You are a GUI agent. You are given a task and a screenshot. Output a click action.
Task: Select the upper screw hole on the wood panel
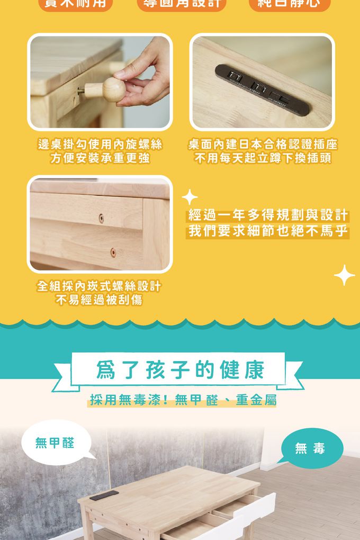tap(102, 218)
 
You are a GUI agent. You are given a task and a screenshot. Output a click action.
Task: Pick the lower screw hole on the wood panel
tap(113, 253)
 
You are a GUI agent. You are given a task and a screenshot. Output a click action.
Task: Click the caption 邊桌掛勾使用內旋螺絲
tap(100, 145)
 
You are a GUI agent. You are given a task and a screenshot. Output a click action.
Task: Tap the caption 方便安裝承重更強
tap(100, 158)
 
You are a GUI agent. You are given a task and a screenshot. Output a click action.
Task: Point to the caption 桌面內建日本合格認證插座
tap(263, 145)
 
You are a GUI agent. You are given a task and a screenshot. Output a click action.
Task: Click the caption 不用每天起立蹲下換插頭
tap(263, 158)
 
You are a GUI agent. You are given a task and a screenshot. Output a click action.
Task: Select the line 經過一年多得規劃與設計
tap(268, 215)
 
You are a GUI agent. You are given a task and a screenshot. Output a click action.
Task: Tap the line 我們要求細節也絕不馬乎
tap(268, 231)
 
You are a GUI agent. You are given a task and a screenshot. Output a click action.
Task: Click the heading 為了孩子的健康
tap(180, 371)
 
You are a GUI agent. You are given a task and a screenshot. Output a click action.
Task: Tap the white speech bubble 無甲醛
tap(55, 443)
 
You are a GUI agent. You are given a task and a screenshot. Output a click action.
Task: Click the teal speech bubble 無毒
tap(311, 449)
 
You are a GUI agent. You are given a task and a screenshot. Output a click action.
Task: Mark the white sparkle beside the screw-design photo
tap(189, 197)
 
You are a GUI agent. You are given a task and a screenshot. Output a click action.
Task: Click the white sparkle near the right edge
tap(344, 275)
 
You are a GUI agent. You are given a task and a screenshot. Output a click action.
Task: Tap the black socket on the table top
tap(104, 495)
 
